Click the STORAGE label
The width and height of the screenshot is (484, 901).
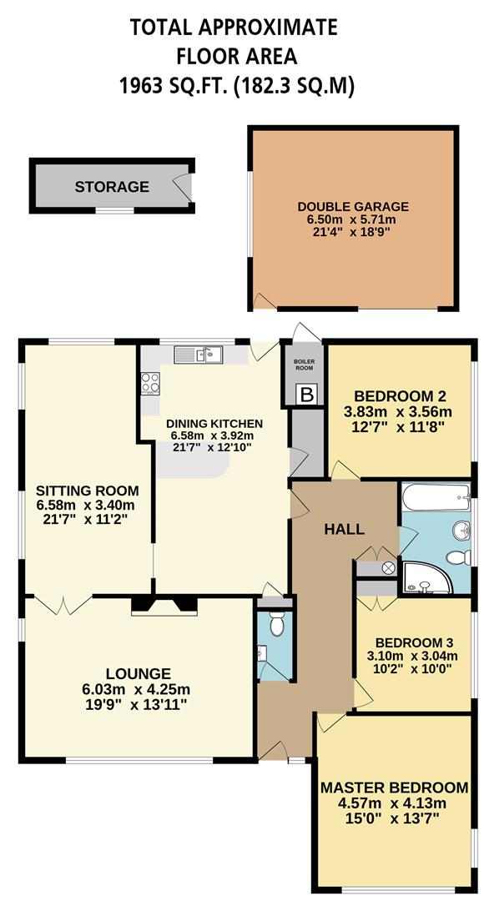point(112,187)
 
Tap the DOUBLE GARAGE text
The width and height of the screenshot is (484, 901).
point(353,206)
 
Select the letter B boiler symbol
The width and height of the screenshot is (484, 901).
point(307,395)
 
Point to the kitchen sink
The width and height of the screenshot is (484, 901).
point(199,355)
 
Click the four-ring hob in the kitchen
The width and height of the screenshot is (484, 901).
point(150,383)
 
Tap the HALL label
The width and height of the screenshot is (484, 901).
point(345,529)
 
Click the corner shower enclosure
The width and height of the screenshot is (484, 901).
point(425,576)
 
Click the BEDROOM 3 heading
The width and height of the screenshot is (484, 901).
point(414,642)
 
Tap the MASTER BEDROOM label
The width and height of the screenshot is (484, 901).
point(395,788)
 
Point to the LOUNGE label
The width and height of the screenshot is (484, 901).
point(138,673)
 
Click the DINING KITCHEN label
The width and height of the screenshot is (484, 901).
point(214,423)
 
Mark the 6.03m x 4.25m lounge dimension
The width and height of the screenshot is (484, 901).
point(138,689)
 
